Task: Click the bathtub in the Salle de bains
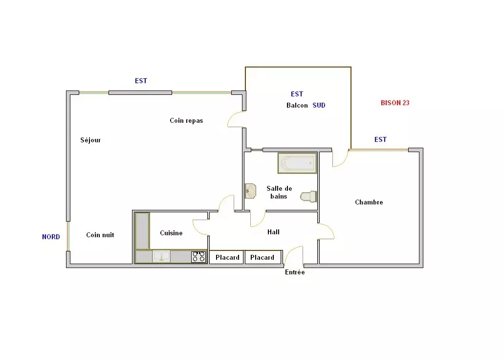[x=297, y=163]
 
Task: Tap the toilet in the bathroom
[x=308, y=197]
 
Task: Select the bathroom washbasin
[x=250, y=191]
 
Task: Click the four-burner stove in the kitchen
[x=198, y=257]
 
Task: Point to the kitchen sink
[x=161, y=256]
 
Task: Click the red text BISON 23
[x=395, y=103]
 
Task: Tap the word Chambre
[x=369, y=202]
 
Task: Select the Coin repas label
[x=186, y=121]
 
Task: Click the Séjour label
[x=90, y=140]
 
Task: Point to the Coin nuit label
[x=100, y=235]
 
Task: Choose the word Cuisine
[x=171, y=233]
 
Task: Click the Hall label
[x=274, y=232]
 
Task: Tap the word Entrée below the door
[x=295, y=272]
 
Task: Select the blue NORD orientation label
[x=51, y=237]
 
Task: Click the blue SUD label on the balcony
[x=319, y=105]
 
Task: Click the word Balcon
[x=297, y=106]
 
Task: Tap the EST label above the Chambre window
[x=381, y=139]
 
